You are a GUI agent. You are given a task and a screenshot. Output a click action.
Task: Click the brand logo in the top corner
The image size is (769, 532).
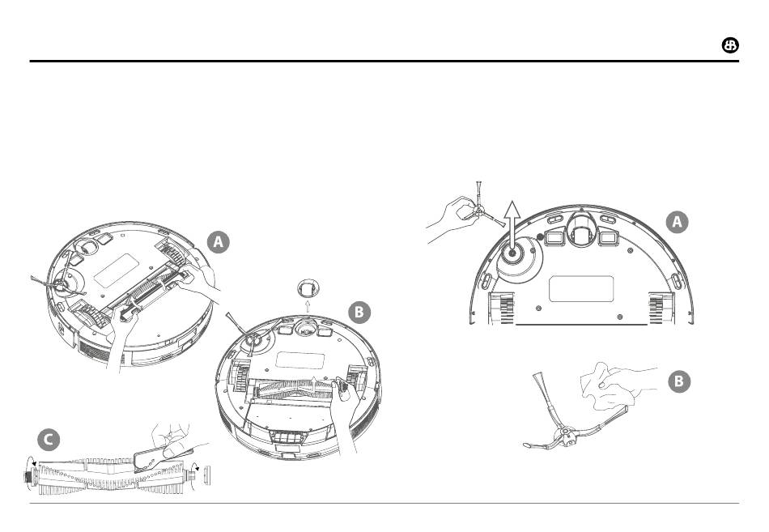[x=730, y=45]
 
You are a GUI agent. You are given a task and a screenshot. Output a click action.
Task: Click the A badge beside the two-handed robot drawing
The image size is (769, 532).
[x=219, y=242]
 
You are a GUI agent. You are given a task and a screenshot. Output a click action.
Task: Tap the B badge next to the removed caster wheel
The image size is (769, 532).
[x=359, y=312]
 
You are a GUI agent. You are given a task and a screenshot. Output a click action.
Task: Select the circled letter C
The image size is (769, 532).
[x=49, y=440]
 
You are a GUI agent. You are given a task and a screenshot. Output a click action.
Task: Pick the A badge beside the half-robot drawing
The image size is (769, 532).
[x=677, y=222]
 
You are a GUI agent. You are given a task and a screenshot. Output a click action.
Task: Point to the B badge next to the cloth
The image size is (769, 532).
[x=679, y=381]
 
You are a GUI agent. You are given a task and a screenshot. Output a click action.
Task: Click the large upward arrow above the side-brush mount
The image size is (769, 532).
[x=512, y=226]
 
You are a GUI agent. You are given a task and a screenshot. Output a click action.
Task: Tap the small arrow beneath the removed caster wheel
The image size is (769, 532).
[x=308, y=307]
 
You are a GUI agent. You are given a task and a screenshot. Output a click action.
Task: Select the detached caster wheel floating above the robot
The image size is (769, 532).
[x=308, y=287]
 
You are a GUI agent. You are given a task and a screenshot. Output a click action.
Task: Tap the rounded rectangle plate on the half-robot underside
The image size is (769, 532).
[x=581, y=288]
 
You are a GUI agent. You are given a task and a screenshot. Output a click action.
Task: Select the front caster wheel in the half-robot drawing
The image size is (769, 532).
[x=582, y=230]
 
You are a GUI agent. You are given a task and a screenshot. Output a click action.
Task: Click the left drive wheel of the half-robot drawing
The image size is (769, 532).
[x=501, y=309]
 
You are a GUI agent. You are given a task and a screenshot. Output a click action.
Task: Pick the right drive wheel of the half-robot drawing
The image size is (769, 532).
[x=661, y=309]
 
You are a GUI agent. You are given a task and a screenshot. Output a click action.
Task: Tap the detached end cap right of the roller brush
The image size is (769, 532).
[x=206, y=476]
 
